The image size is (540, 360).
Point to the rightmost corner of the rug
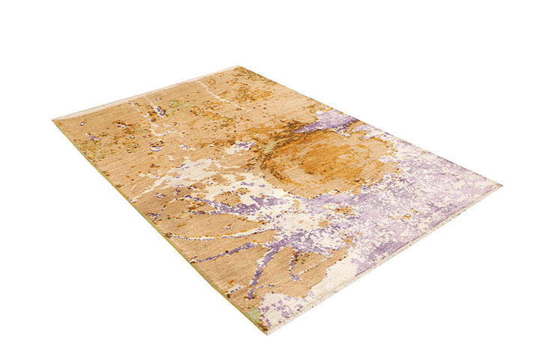point(500,184)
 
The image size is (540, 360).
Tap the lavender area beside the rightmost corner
point(457,184)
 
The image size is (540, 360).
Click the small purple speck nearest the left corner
point(91,138)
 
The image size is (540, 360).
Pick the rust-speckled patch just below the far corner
point(240,90)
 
